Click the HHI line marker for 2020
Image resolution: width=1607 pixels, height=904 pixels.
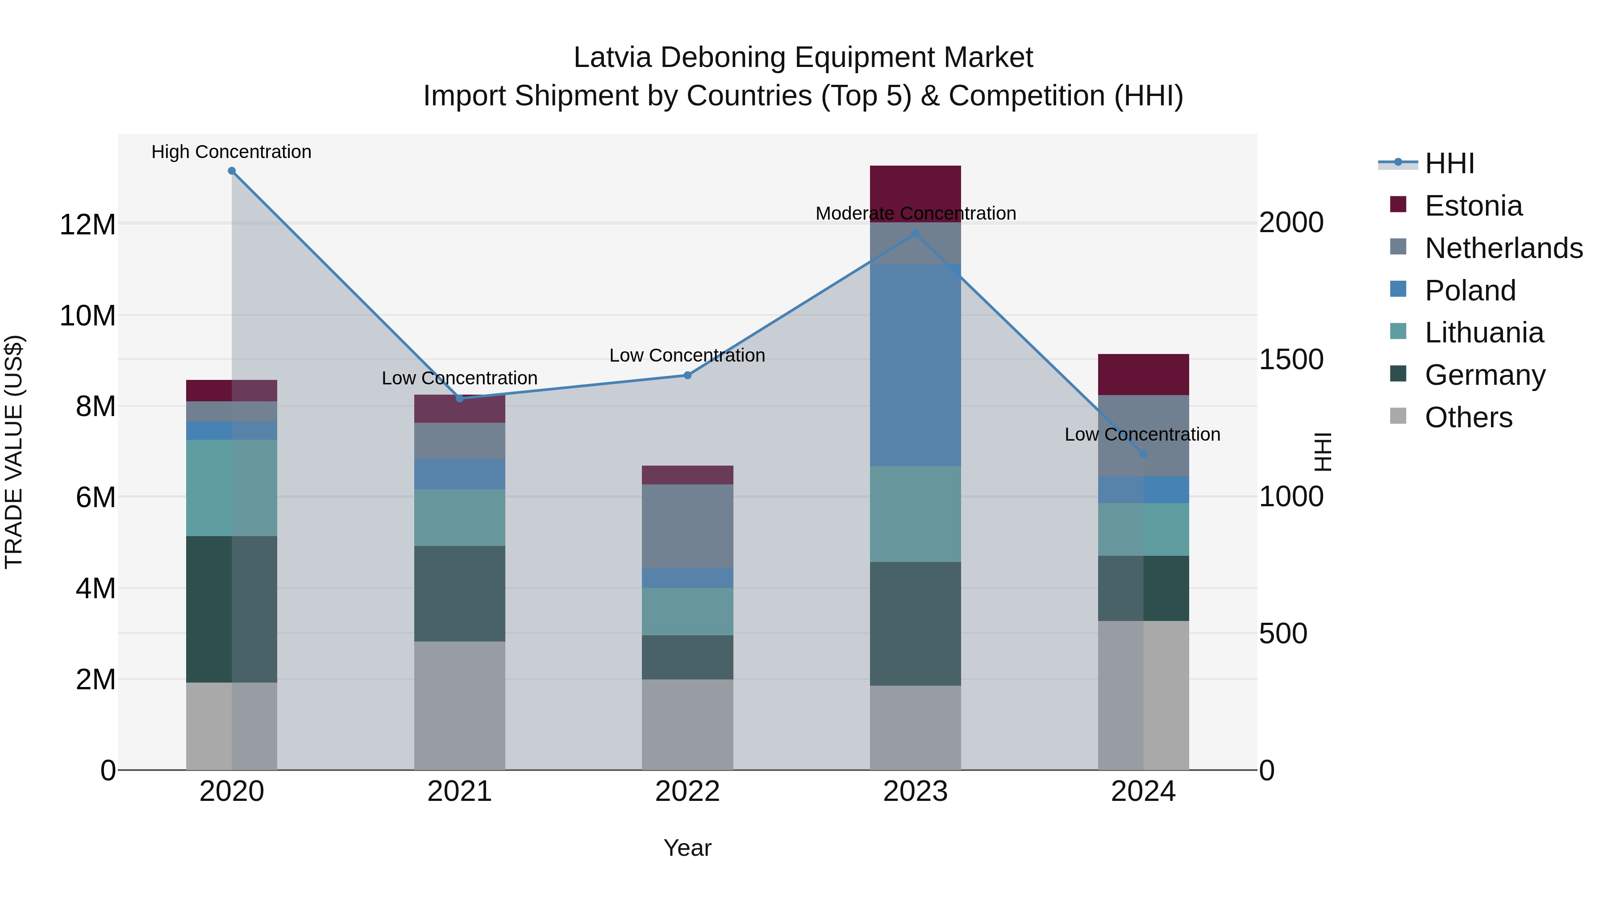(x=231, y=171)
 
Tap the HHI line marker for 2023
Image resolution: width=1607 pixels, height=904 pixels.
(x=915, y=234)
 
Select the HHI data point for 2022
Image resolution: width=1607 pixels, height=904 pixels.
(x=687, y=375)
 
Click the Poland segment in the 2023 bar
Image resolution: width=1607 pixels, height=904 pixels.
(x=915, y=365)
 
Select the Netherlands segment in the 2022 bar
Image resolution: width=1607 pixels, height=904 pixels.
(x=687, y=526)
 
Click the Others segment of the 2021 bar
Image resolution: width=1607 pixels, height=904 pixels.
(x=459, y=705)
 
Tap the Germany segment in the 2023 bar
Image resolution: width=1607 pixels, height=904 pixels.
(x=915, y=624)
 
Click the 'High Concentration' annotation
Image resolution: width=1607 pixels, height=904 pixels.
(x=231, y=152)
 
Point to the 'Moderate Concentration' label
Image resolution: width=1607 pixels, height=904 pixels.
(x=915, y=213)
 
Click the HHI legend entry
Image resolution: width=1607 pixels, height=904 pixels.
(x=1449, y=163)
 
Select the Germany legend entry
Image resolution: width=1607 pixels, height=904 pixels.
(x=1485, y=375)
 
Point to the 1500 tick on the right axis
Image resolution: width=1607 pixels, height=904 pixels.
(x=1291, y=359)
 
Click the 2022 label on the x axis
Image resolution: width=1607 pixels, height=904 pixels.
(x=687, y=792)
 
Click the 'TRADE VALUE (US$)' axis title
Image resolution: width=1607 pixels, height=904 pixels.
(x=14, y=452)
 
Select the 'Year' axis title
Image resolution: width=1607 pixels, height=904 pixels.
(x=687, y=848)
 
